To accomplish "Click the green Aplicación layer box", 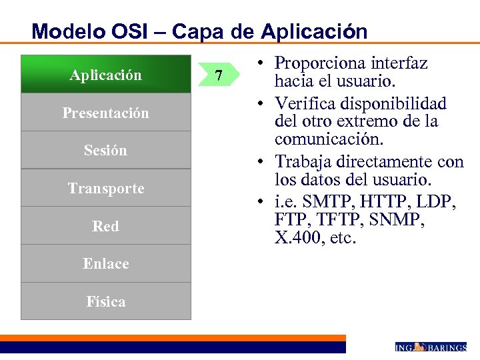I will click(x=105, y=75).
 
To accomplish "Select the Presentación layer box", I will click(x=105, y=113).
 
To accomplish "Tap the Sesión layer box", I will click(x=105, y=150).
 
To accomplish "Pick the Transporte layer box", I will click(x=105, y=188).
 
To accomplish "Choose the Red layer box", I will click(x=105, y=226).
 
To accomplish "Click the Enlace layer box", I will click(x=105, y=263).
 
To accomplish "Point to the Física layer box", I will click(x=105, y=301).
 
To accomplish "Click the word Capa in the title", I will click(x=198, y=31).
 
